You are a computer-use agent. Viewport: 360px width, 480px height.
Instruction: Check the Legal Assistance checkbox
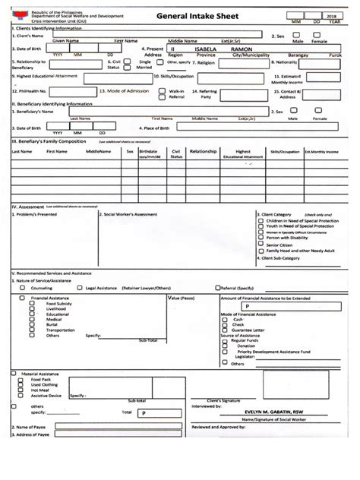(81, 289)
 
